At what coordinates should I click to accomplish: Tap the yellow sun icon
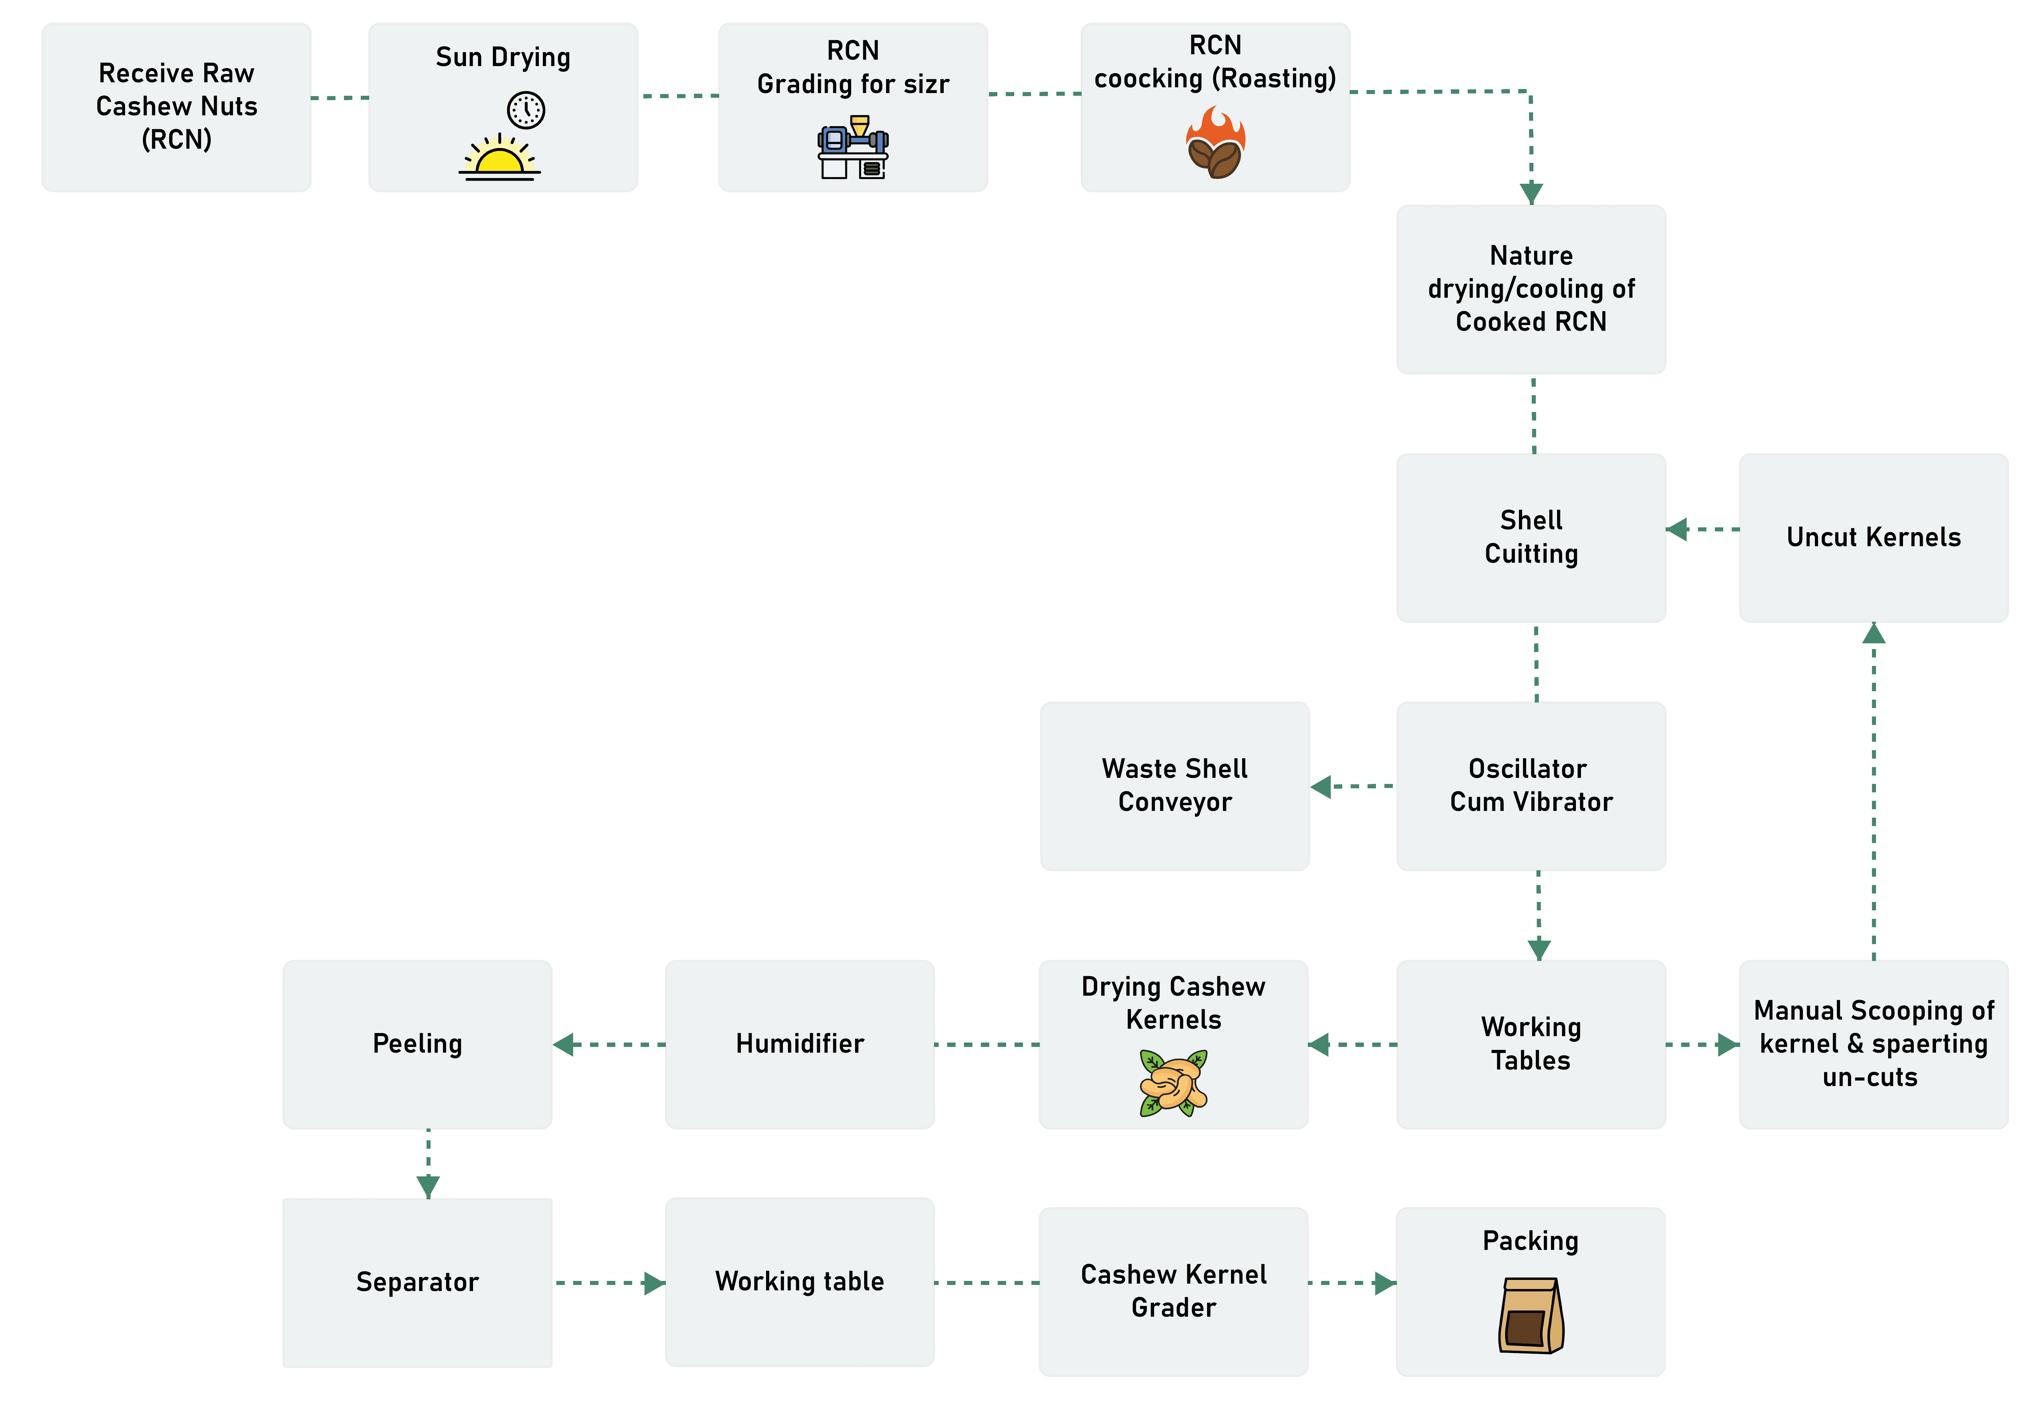click(499, 158)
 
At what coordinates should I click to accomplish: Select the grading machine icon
click(853, 147)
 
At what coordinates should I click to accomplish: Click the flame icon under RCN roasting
click(1216, 143)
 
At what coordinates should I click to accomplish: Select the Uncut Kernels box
click(1873, 538)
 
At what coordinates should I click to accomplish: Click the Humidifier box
click(799, 1044)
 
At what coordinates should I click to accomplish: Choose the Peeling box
click(417, 1044)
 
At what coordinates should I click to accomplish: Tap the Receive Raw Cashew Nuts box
click(176, 107)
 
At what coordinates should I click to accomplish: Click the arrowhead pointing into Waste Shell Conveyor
click(1320, 786)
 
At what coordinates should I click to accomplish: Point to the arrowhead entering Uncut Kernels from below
click(1873, 633)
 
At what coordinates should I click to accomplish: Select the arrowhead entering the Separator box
click(429, 1188)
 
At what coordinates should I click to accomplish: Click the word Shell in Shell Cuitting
click(1531, 520)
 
